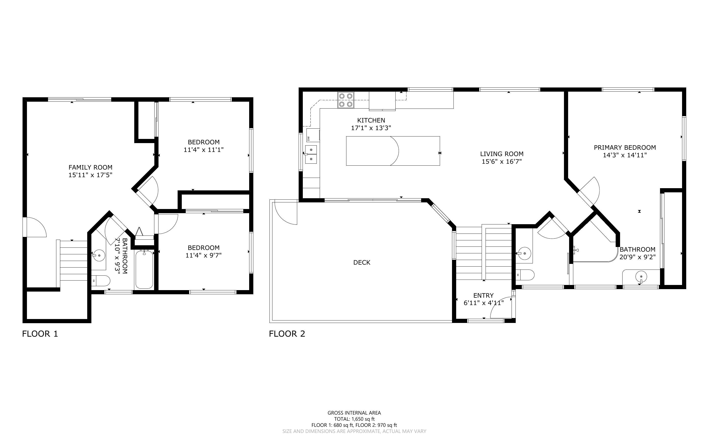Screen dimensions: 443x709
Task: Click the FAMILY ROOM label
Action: coord(90,167)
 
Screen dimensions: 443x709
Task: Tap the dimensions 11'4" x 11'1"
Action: coord(204,150)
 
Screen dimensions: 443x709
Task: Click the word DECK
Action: coord(362,262)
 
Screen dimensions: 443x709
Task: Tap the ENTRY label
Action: coord(483,295)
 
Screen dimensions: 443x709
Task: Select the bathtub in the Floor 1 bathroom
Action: coord(144,269)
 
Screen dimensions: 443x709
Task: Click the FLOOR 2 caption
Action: coord(287,334)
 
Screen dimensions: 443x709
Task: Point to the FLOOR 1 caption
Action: coord(40,334)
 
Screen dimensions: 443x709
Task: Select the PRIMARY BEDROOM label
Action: coord(625,147)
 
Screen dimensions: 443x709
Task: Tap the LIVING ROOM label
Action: coord(502,154)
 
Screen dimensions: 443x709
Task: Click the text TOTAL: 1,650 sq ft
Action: coord(354,419)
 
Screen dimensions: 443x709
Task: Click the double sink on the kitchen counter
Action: coord(311,154)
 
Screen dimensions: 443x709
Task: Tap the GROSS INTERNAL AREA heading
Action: coord(354,413)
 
